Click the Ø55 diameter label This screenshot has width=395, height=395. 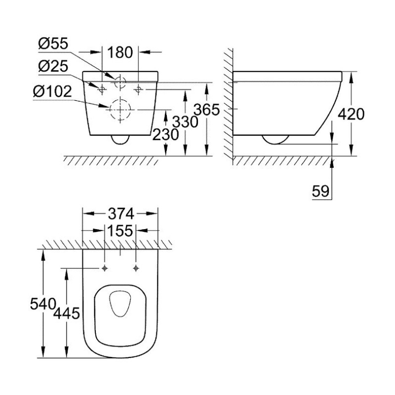click(x=53, y=43)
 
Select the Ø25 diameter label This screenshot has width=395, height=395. click(x=53, y=66)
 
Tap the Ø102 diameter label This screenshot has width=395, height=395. click(x=52, y=91)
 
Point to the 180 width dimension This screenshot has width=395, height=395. click(x=120, y=52)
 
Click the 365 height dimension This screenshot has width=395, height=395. click(x=207, y=110)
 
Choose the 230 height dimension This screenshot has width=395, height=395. click(x=166, y=134)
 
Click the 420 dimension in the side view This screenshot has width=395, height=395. click(x=351, y=114)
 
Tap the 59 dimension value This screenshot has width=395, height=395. click(x=320, y=191)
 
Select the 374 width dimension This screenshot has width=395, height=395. click(x=120, y=214)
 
